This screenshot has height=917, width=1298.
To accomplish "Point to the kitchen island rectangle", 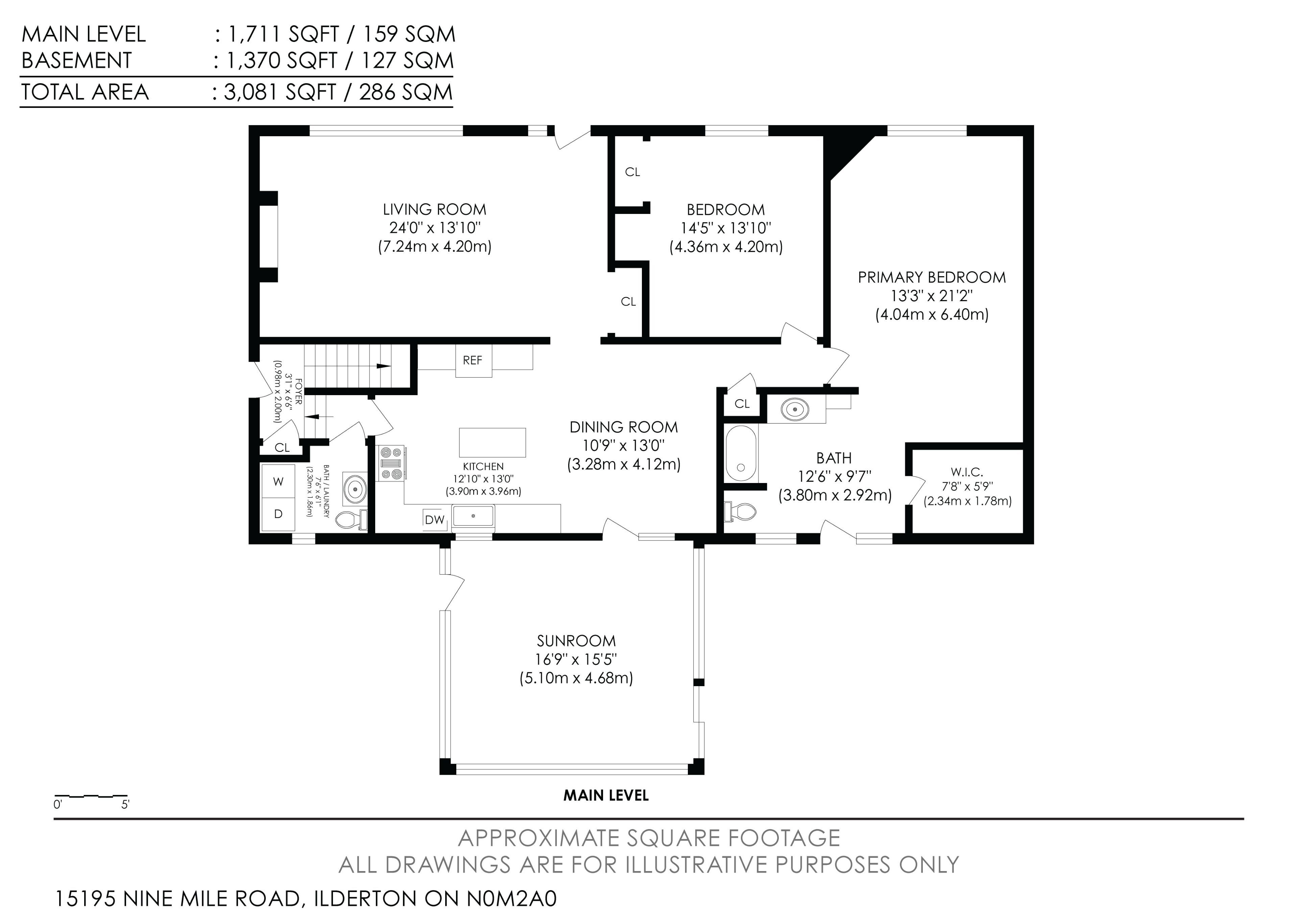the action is coord(492,442).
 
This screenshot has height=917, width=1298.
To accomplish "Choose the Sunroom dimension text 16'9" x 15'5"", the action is coord(576,659).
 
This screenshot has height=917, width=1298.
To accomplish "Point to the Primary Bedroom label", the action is coord(932,277).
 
